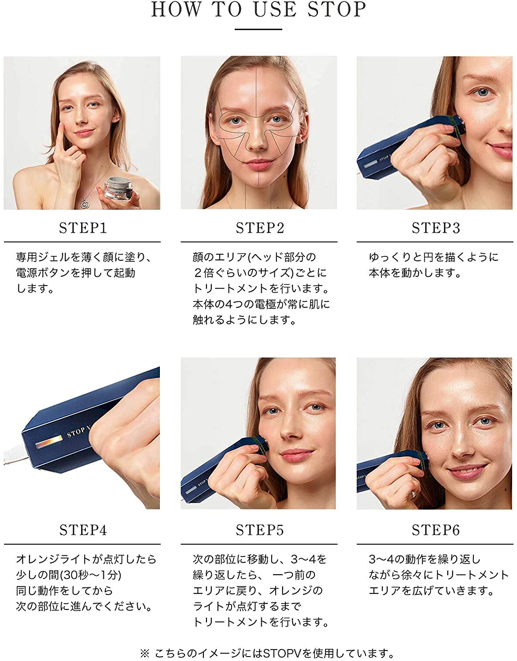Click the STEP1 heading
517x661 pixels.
(x=83, y=228)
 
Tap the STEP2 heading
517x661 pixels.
(x=259, y=228)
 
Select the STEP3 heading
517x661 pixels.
(x=436, y=228)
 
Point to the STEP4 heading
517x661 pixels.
(x=83, y=530)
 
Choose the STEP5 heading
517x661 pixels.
(x=259, y=530)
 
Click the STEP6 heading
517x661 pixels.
(x=436, y=530)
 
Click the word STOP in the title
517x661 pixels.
(x=337, y=10)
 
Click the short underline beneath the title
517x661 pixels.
(x=258, y=29)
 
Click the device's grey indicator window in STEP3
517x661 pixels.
(x=370, y=165)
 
